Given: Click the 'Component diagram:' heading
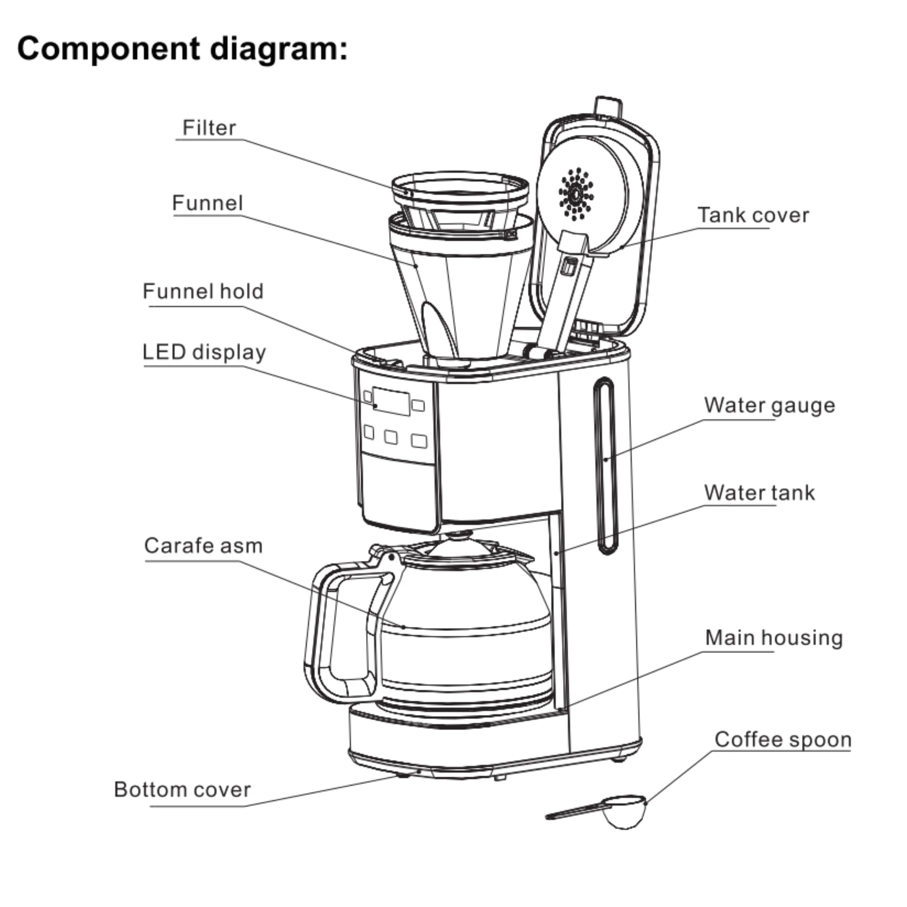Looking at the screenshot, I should pyautogui.click(x=182, y=49).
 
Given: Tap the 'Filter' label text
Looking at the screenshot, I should pyautogui.click(x=209, y=128).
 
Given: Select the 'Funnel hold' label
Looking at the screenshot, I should pyautogui.click(x=203, y=292).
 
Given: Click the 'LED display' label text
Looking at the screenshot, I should pyautogui.click(x=204, y=352).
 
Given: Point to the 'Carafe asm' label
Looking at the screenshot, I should pyautogui.click(x=203, y=546).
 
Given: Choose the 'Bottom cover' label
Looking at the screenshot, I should pyautogui.click(x=182, y=789).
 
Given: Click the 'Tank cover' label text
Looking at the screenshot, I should pyautogui.click(x=753, y=215).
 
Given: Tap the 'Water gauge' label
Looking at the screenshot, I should pyautogui.click(x=770, y=405).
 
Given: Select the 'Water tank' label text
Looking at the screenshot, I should pyautogui.click(x=759, y=493).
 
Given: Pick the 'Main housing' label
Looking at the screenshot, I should pyautogui.click(x=774, y=638).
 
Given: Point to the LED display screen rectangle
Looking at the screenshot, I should pyautogui.click(x=391, y=401).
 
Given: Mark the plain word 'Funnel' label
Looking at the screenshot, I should pyautogui.click(x=207, y=203).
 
